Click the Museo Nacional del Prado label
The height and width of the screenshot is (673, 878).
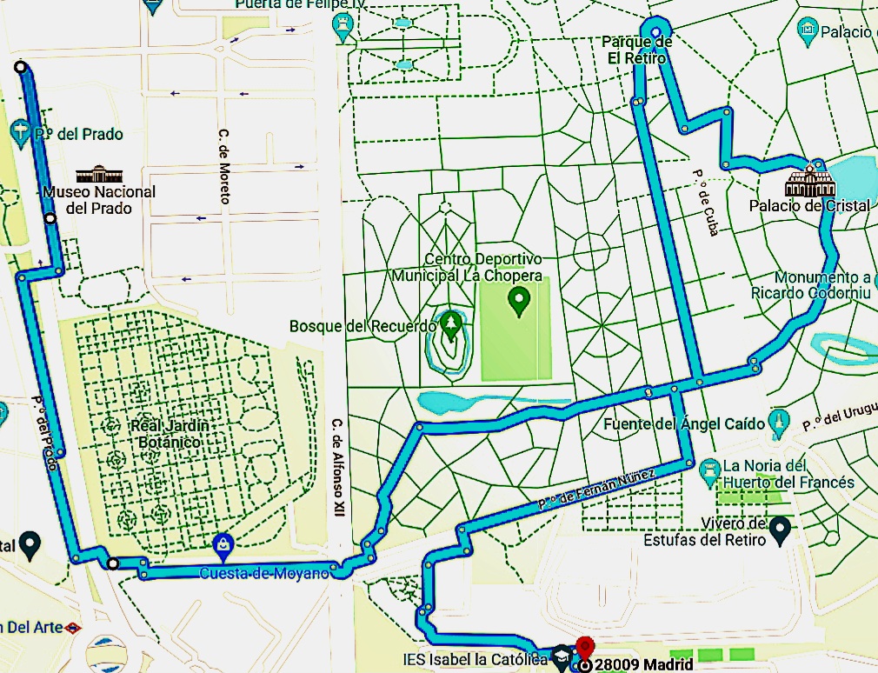[99, 200]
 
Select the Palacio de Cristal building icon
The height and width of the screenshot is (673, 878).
[810, 182]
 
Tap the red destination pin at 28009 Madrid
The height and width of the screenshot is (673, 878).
[585, 649]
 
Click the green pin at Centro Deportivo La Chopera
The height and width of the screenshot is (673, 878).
[519, 302]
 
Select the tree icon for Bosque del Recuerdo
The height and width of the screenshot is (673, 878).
[450, 325]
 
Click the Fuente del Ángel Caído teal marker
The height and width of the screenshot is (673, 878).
[779, 423]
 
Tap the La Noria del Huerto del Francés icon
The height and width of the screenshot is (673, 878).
[709, 473]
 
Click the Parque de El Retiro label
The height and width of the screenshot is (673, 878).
[636, 50]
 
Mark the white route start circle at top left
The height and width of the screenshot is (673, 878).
[20, 68]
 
